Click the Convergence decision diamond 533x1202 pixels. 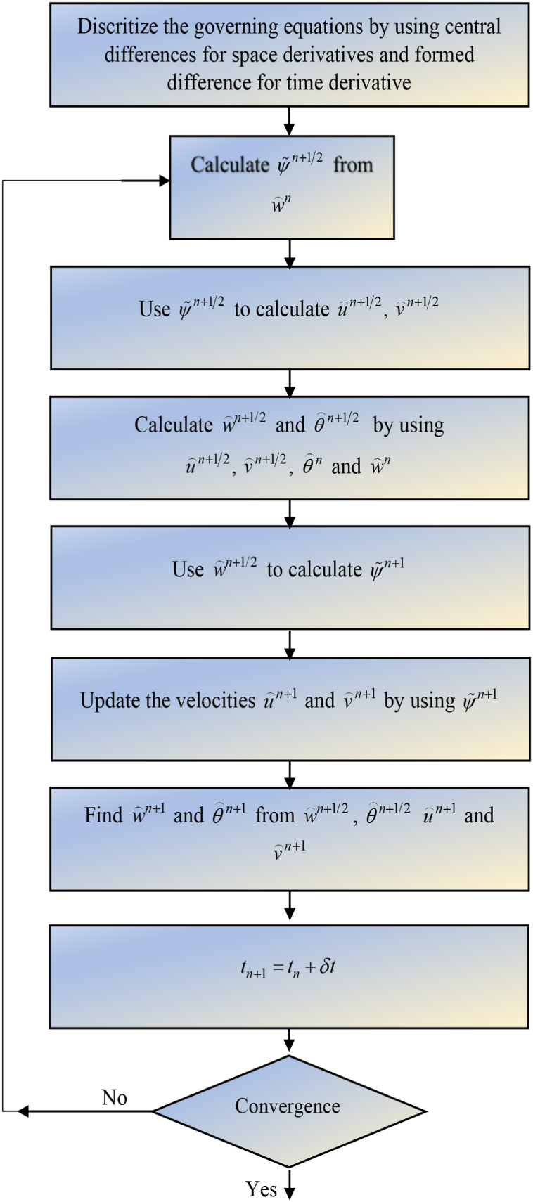[288, 1111]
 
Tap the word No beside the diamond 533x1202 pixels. [115, 1097]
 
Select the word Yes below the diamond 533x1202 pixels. [261, 1189]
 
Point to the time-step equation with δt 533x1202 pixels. [288, 967]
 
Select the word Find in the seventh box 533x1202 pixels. [103, 815]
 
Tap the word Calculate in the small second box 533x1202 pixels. [229, 164]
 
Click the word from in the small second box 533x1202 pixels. [353, 164]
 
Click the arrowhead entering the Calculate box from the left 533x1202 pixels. [165, 181]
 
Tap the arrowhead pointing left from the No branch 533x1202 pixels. [23, 1111]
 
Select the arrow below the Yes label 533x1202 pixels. [288, 1192]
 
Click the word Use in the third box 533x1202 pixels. [155, 309]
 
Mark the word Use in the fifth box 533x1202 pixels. [188, 569]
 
